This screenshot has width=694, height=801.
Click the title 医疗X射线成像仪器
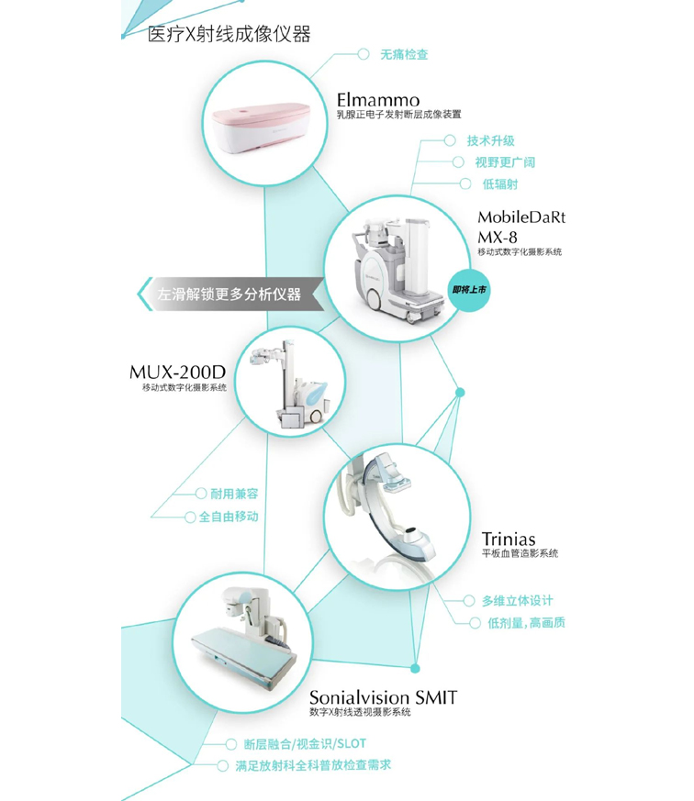229,34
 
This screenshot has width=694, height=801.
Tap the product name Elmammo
378,100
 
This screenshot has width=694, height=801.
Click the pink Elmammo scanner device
262,126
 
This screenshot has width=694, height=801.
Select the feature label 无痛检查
404,54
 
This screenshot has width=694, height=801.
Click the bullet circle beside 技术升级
450,140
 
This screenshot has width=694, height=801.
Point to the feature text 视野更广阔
505,162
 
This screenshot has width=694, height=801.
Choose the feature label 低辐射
499,184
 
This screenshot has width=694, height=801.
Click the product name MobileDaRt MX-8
521,227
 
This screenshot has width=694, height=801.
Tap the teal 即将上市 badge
468,290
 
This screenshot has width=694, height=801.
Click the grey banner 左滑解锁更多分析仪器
231,295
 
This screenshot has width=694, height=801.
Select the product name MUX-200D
177,372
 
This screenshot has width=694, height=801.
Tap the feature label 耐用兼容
234,494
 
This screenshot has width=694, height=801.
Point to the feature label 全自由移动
229,517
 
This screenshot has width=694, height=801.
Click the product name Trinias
509,539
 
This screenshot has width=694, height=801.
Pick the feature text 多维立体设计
517,601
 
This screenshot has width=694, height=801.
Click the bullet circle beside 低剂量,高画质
475,623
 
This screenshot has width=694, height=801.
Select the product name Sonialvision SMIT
384,697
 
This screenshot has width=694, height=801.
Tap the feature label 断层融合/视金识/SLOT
305,744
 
